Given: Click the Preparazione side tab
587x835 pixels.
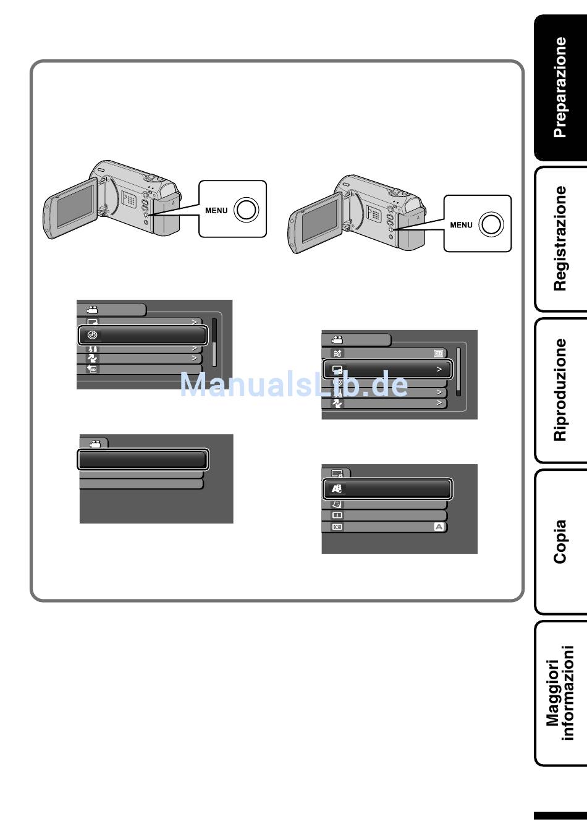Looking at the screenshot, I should [x=560, y=87].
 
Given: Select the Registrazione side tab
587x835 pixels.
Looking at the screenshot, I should [x=560, y=238].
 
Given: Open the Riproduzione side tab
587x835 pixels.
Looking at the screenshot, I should [x=560, y=389].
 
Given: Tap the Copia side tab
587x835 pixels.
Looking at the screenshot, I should [x=560, y=541].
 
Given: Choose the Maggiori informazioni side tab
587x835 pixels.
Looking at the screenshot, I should [x=560, y=693].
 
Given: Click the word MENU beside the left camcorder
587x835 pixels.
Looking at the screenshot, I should [x=216, y=211].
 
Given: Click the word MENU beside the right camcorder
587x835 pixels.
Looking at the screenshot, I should [x=461, y=225].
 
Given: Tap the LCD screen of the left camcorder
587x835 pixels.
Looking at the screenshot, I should [x=74, y=208].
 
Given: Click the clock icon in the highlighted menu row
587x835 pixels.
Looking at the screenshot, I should [x=93, y=335].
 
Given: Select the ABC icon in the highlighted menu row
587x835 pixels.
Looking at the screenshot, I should [x=337, y=489].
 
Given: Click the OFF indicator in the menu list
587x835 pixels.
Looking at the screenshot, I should [x=439, y=354].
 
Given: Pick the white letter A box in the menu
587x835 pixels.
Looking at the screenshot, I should [x=439, y=527].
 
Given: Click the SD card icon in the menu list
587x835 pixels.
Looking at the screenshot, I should [x=92, y=370].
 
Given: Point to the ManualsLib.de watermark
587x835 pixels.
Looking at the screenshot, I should [x=294, y=384].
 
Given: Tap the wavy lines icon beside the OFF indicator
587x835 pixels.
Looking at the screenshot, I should [x=337, y=354].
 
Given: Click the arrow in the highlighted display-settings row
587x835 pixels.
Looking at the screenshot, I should [x=439, y=370].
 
